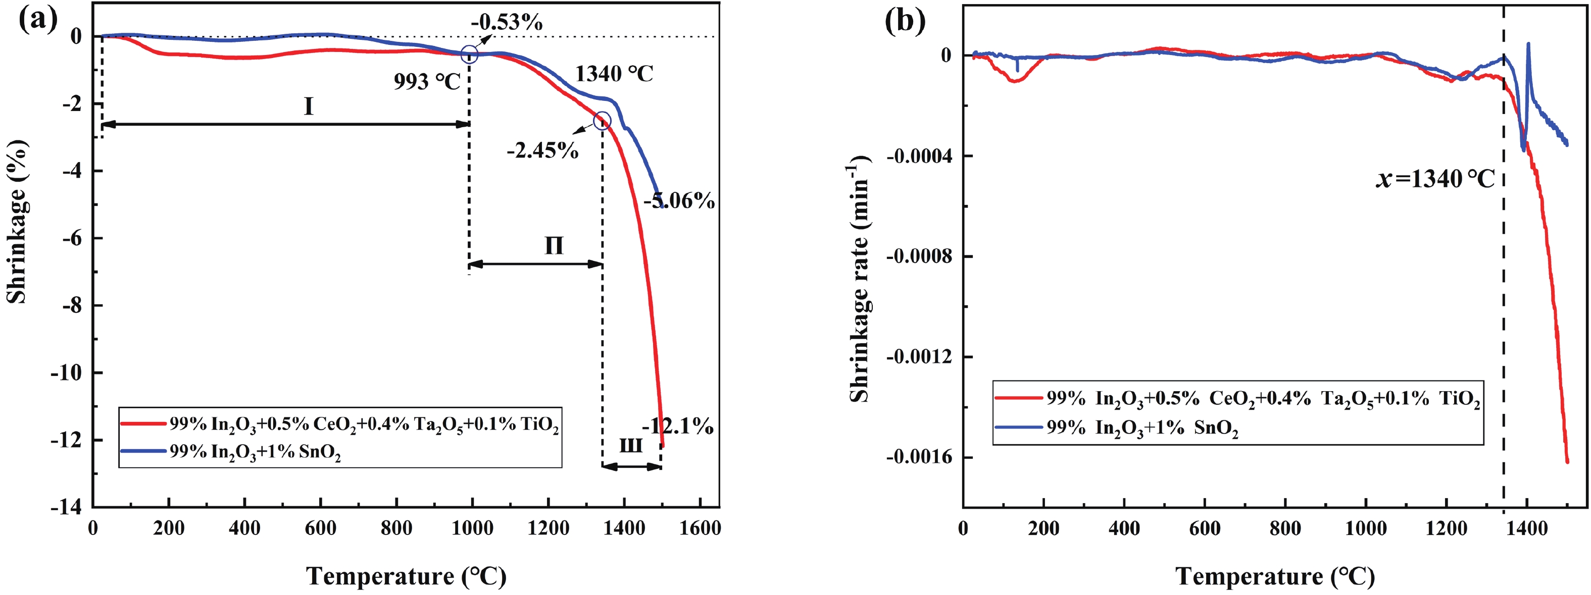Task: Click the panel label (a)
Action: tap(38, 20)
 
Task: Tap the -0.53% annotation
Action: tap(507, 23)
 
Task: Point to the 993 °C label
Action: tap(427, 81)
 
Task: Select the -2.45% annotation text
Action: tap(542, 150)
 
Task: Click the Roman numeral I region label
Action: tap(308, 107)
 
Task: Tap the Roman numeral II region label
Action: tap(554, 246)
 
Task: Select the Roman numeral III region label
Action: tap(631, 446)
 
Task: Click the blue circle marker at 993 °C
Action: tap(469, 55)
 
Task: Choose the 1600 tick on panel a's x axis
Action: tap(701, 528)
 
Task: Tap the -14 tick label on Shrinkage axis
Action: tap(67, 507)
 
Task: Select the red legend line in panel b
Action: tap(1018, 398)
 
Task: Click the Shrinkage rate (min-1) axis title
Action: tap(859, 279)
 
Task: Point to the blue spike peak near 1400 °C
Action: tap(1528, 44)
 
